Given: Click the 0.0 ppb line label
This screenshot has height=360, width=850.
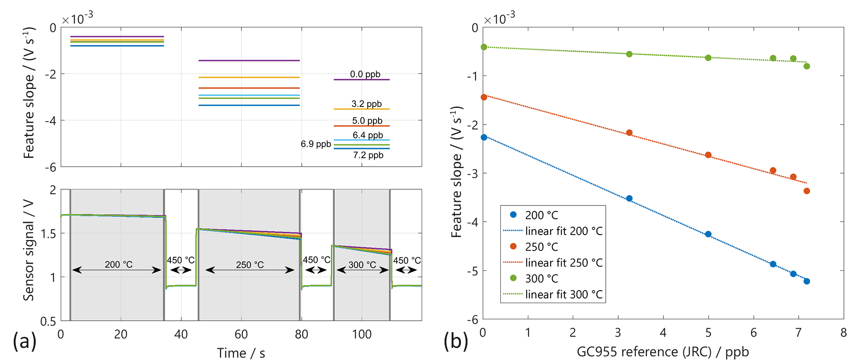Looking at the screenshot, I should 365,74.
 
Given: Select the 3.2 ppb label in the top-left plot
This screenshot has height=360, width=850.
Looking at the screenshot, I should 366,104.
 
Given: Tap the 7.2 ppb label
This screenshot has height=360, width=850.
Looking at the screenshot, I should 368,155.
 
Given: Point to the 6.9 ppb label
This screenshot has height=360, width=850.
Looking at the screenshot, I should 316,144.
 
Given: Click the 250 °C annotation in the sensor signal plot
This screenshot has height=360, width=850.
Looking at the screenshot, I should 250,265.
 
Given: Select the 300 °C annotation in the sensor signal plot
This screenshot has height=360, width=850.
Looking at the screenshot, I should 362,265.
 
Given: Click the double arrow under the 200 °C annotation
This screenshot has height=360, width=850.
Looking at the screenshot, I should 117,270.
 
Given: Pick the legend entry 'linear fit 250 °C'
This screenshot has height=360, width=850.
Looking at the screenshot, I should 564,263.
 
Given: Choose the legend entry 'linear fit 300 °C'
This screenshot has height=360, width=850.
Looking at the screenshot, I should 564,294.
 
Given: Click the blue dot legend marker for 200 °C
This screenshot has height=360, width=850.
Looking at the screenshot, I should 513,215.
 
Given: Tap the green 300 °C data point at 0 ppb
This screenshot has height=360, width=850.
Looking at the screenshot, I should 484,47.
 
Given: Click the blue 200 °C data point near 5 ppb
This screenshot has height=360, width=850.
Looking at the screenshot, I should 708,234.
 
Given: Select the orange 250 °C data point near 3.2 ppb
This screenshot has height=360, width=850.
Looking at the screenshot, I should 629,133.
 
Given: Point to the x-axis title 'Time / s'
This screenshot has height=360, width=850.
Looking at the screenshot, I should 241,353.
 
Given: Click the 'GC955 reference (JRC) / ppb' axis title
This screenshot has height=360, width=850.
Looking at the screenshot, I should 663,352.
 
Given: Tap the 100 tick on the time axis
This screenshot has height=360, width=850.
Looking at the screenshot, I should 361,334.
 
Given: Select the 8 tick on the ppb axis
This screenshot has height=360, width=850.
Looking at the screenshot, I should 844,332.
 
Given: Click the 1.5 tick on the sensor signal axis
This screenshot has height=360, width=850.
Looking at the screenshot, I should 48,234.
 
